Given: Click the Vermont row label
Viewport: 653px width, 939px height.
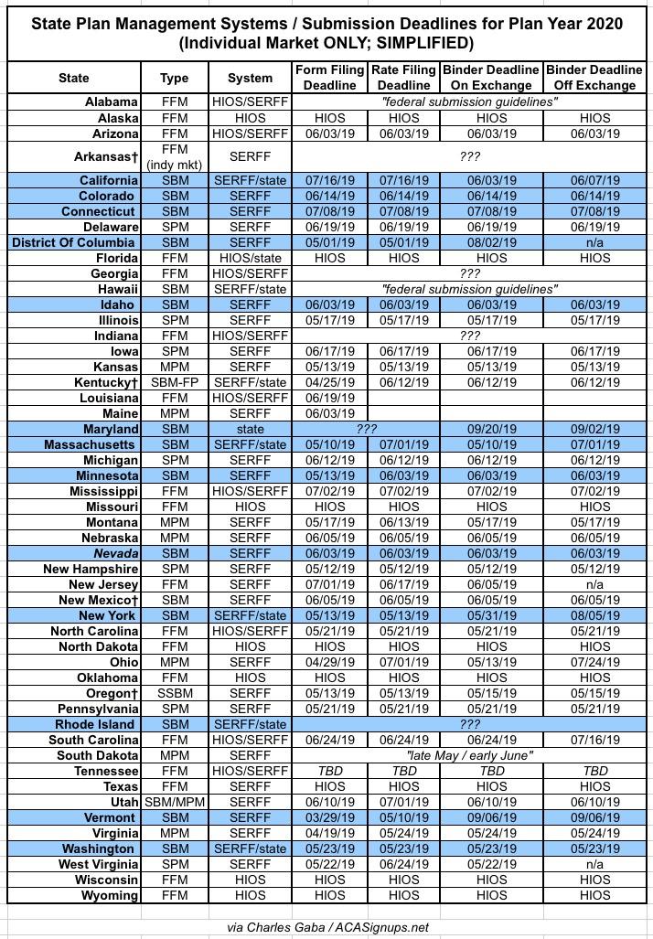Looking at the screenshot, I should pyautogui.click(x=110, y=817).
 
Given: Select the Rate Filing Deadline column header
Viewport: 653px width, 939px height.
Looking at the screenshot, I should pyautogui.click(x=404, y=78).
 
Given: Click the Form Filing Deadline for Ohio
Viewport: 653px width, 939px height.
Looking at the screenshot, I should pyautogui.click(x=330, y=662).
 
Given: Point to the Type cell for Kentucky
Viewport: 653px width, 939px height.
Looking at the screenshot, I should pyautogui.click(x=174, y=382).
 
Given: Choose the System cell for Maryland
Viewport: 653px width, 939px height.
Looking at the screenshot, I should pyautogui.click(x=250, y=429).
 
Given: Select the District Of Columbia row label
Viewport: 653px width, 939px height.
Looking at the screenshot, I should pyautogui.click(x=74, y=242).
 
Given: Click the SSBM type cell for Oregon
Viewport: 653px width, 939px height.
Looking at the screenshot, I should pyautogui.click(x=174, y=693).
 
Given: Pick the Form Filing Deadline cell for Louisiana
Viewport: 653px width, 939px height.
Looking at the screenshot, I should pyautogui.click(x=330, y=398).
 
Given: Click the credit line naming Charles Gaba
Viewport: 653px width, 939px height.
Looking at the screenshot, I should pyautogui.click(x=327, y=926).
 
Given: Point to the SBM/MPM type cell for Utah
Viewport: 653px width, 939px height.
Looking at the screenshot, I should pyautogui.click(x=174, y=802).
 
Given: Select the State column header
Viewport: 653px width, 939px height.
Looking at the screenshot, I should pyautogui.click(x=74, y=78).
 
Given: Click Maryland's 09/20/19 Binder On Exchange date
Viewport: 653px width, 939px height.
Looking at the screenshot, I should pyautogui.click(x=491, y=429).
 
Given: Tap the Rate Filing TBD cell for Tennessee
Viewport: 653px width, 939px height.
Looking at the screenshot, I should pyautogui.click(x=404, y=771).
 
